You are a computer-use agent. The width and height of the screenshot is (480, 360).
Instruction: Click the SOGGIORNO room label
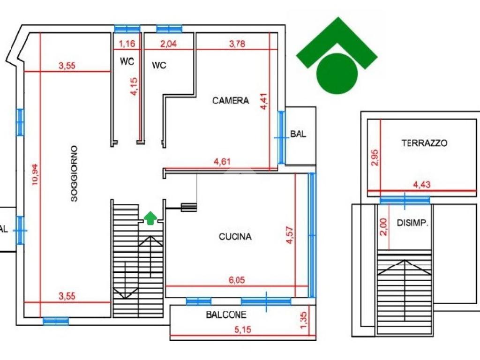(74, 174)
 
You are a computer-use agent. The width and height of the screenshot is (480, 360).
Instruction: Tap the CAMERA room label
(231, 100)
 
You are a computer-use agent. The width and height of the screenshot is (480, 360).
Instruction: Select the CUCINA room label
(235, 237)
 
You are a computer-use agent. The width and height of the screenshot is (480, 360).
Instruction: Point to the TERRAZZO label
(424, 143)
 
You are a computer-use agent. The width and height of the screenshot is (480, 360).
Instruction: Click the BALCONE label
(226, 315)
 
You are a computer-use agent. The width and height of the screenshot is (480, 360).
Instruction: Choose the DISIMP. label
(413, 223)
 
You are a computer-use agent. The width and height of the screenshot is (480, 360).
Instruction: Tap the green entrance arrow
(150, 218)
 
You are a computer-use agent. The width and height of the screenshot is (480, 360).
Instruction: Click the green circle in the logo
(337, 74)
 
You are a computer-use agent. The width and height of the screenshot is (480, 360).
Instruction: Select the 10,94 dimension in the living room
(35, 174)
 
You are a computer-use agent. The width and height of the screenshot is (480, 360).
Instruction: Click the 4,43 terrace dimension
(422, 185)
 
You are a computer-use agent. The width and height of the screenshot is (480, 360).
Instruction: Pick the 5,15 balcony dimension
(242, 330)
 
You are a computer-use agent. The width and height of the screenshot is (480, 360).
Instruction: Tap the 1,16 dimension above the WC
(127, 44)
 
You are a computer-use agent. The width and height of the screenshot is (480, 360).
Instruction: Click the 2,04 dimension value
(169, 44)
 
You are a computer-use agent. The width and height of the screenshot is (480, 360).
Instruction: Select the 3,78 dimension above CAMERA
(237, 44)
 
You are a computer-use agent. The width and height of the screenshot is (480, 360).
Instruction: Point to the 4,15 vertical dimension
(135, 86)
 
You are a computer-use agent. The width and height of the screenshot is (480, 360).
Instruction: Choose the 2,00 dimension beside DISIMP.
(383, 227)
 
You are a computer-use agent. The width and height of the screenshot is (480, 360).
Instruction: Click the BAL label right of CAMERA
(298, 134)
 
